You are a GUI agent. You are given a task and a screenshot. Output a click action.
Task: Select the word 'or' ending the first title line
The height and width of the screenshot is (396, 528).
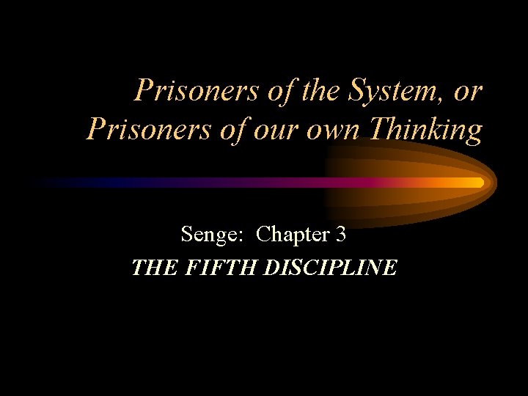tap(468, 92)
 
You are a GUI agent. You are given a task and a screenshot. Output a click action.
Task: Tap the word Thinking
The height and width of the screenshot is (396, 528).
tap(426, 129)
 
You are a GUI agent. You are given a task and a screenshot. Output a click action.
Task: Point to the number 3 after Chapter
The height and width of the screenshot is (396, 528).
tap(340, 235)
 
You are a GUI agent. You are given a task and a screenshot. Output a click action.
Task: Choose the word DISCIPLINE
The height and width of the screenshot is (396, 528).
tap(329, 268)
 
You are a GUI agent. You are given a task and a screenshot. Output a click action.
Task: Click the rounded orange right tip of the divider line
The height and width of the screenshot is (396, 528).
tap(480, 182)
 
